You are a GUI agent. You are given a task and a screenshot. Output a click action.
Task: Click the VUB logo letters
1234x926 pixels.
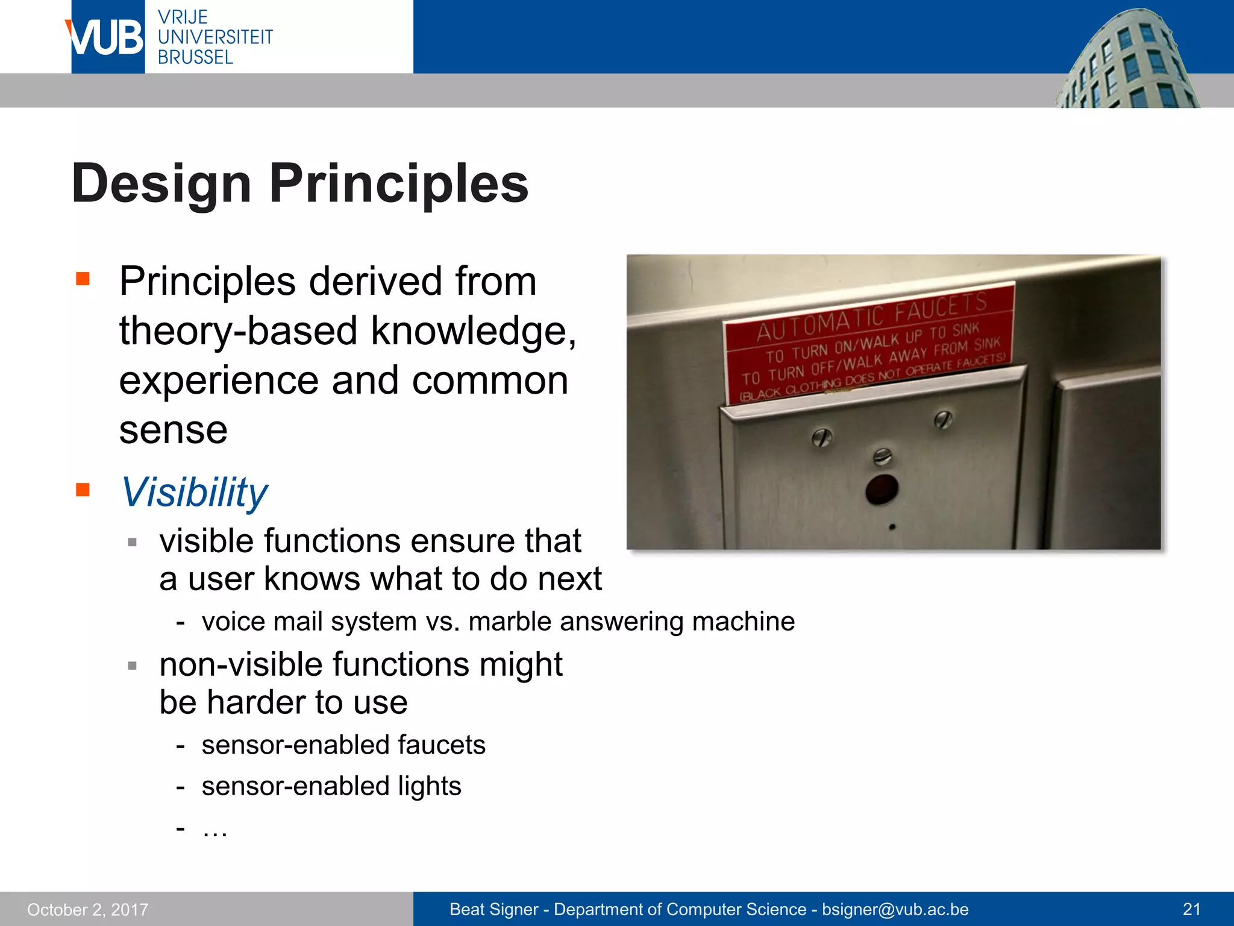coord(106,37)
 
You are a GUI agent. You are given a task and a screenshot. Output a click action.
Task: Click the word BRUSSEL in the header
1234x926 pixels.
coord(195,58)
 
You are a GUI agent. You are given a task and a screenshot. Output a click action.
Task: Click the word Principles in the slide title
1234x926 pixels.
coord(398,183)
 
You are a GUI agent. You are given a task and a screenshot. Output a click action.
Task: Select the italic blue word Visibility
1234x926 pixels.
coord(194,492)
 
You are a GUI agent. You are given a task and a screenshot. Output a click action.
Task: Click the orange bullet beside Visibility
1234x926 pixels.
coord(83,490)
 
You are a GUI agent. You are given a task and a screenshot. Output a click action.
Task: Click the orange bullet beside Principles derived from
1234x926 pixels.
coord(83,279)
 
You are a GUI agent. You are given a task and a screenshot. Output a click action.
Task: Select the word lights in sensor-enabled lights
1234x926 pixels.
coord(429,786)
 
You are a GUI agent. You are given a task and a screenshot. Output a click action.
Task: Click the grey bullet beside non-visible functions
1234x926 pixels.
coord(133,666)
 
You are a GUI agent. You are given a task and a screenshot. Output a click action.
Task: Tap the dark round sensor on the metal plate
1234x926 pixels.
coord(882,490)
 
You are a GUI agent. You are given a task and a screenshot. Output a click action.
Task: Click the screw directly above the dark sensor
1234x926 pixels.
coord(882,456)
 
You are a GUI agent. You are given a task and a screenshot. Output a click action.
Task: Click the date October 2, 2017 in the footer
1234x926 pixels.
coord(88,910)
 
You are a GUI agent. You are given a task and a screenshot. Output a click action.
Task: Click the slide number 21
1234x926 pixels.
coord(1191,910)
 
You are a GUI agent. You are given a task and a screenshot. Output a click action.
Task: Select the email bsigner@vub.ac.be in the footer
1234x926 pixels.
coord(895,910)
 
